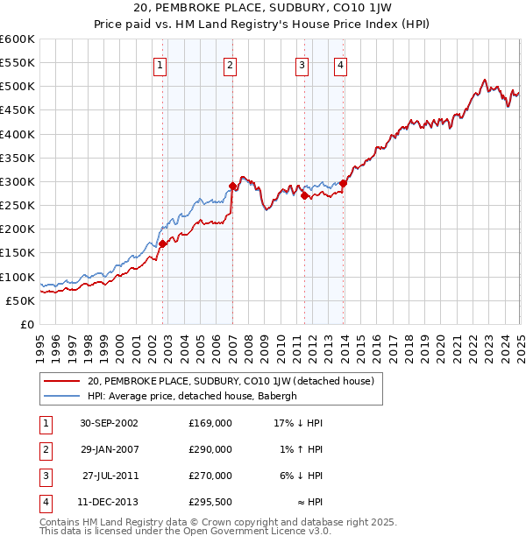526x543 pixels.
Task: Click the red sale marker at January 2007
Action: point(233,186)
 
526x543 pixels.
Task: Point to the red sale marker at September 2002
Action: point(163,243)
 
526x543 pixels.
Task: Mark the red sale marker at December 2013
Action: point(344,183)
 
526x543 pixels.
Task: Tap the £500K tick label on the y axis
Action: point(18,87)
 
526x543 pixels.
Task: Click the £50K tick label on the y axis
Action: point(21,300)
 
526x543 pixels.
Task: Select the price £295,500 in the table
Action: point(210,502)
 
